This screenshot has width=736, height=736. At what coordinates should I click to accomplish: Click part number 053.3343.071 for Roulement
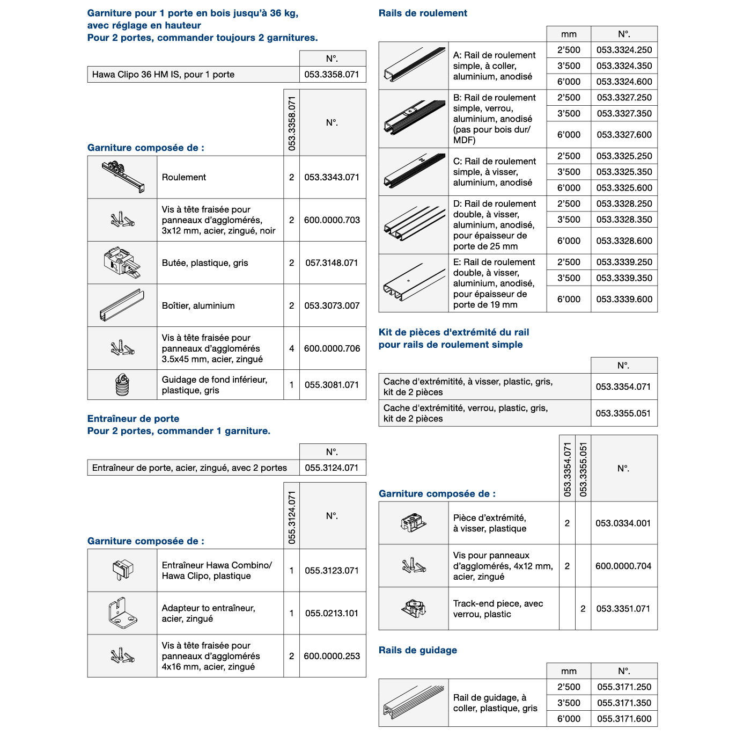[332, 177]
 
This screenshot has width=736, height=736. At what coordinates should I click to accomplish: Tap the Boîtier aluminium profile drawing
[122, 305]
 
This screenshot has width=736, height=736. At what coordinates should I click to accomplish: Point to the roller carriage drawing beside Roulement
[122, 177]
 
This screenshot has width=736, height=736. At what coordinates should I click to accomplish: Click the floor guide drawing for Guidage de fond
[122, 385]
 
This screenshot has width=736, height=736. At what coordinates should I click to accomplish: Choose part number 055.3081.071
[332, 385]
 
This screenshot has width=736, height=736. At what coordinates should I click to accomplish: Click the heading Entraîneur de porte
[133, 419]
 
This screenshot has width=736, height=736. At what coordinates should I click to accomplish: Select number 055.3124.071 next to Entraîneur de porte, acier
[332, 468]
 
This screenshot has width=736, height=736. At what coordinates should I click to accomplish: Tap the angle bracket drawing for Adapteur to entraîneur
[122, 613]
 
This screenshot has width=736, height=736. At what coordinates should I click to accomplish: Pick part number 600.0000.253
[332, 656]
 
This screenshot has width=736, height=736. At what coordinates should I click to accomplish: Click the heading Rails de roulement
[423, 13]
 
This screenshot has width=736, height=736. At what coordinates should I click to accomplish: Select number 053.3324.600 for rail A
[624, 82]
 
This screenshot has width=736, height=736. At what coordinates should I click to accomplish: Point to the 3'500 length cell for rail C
[569, 172]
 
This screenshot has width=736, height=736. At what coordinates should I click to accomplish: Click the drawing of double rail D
[414, 225]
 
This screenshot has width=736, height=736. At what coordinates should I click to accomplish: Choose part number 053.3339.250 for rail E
[624, 262]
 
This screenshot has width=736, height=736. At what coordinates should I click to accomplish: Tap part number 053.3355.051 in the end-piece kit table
[623, 413]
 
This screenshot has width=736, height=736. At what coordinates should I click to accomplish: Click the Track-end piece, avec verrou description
[498, 609]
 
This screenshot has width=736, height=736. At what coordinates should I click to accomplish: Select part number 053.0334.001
[623, 523]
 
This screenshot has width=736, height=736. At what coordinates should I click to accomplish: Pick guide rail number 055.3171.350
[624, 703]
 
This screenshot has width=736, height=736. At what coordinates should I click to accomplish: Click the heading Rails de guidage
[418, 650]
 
